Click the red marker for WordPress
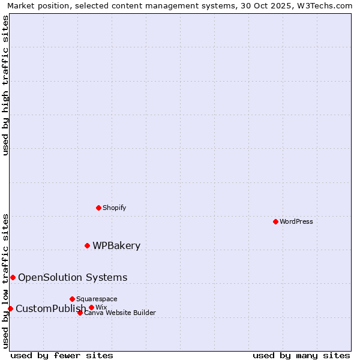coord(275,221)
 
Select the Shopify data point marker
coord(98,208)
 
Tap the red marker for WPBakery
coord(87,245)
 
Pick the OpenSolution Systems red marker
coord(13,277)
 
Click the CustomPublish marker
coord(10,308)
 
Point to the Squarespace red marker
coord(72,299)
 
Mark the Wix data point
coord(91,307)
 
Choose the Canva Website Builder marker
coord(80,313)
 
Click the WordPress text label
coord(296,221)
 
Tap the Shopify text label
coord(114,208)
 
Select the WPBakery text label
coord(116,245)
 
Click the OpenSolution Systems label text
coord(73,277)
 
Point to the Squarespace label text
coord(97,299)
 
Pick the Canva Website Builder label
coord(120,313)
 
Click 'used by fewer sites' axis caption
coord(62,355)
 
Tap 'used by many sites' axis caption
coord(301,355)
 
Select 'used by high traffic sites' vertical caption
coord(5,85)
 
